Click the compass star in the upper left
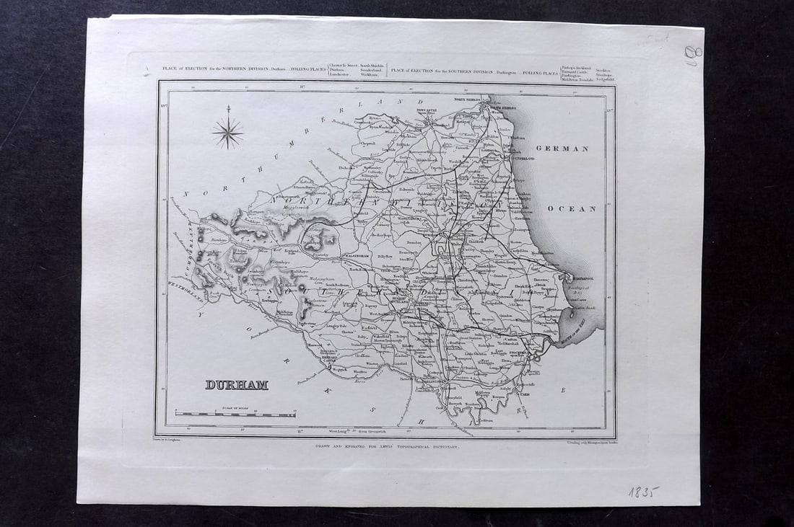[x=227, y=133]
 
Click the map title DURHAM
[x=237, y=384]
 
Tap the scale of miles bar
[x=235, y=415]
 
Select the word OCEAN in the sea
[x=572, y=209]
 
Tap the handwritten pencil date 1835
[x=644, y=493]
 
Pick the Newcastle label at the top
[x=430, y=112]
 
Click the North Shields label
[x=468, y=99]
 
